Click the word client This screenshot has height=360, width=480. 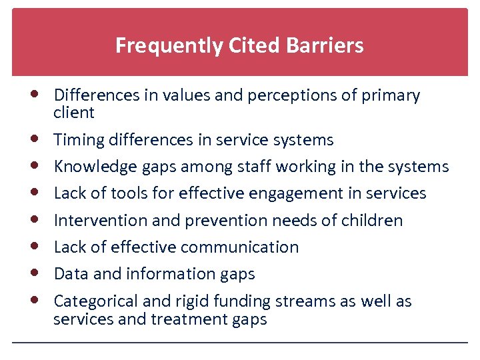click(x=74, y=113)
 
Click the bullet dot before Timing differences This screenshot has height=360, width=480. click(x=33, y=139)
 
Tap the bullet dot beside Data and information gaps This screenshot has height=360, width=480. click(x=33, y=273)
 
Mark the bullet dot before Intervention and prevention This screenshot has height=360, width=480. click(x=33, y=219)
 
